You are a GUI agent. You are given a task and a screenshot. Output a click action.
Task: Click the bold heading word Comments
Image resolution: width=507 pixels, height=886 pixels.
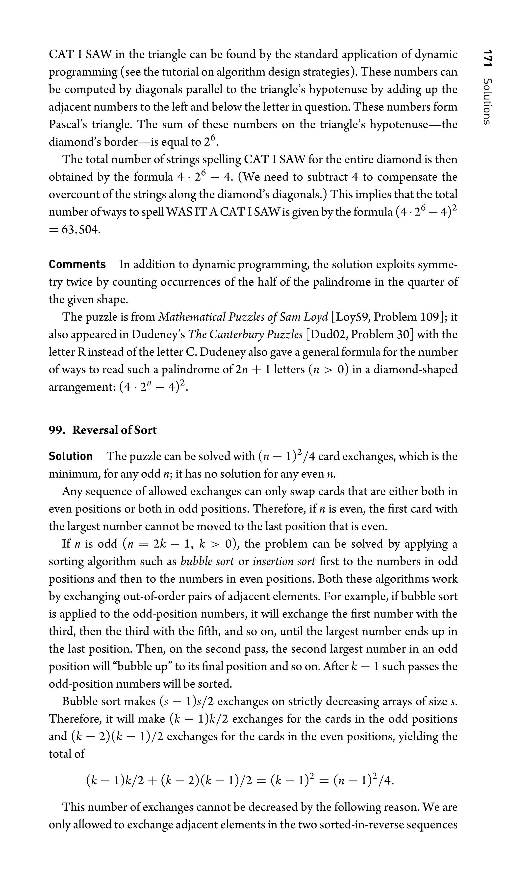click(77, 265)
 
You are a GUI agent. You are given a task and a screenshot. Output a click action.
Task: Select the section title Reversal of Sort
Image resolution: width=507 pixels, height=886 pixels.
click(115, 430)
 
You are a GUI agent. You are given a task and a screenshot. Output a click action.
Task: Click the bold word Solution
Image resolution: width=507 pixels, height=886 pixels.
click(71, 456)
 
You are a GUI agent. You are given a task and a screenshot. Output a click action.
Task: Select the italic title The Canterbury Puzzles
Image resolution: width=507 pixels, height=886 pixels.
click(245, 334)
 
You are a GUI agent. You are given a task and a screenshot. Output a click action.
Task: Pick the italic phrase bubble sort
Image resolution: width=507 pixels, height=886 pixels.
click(207, 562)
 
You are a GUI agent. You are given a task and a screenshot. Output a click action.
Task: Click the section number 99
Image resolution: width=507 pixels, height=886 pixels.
click(56, 430)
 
